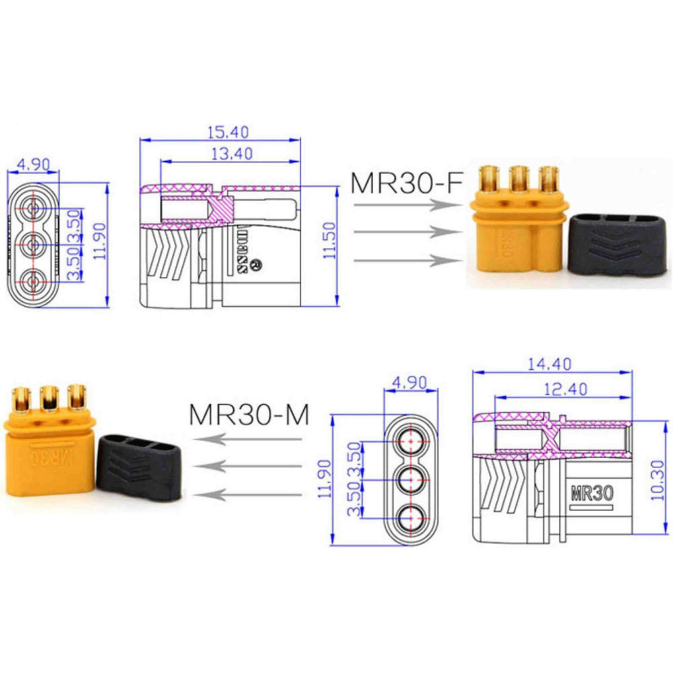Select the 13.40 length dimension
pyautogui.click(x=231, y=154)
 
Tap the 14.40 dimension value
pyautogui.click(x=548, y=364)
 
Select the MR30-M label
pyautogui.click(x=249, y=415)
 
